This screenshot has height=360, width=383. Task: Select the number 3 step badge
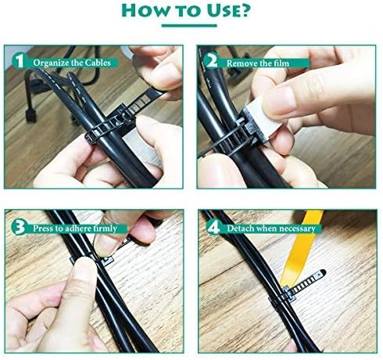point(17,228)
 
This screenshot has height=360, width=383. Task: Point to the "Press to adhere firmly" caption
point(75,229)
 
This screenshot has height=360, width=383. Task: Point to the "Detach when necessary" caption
point(269,229)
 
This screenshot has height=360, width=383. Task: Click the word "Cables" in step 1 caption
point(95,61)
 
